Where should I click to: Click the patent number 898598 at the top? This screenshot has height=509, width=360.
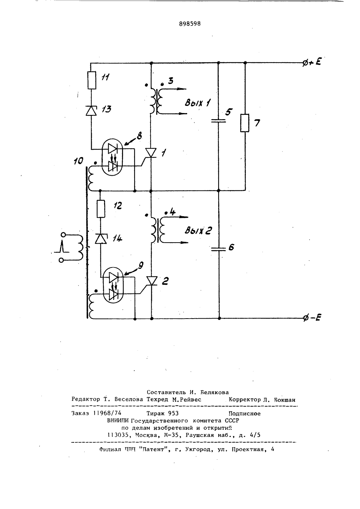click(x=190, y=24)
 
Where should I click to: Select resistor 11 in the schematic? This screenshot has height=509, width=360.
click(x=91, y=80)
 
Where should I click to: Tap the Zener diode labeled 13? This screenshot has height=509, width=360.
click(x=91, y=111)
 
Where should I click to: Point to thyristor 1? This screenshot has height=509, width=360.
click(x=150, y=153)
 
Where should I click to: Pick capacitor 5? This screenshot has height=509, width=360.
click(x=219, y=121)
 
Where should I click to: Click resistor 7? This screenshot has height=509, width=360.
click(x=245, y=123)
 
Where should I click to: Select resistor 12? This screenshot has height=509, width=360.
click(x=101, y=209)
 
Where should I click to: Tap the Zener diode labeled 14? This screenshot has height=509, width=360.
click(x=100, y=239)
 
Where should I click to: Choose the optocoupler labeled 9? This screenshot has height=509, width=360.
click(x=113, y=285)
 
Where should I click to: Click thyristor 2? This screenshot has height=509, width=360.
click(x=151, y=281)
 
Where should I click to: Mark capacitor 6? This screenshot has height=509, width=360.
click(x=219, y=249)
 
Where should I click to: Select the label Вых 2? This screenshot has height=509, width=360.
click(x=198, y=231)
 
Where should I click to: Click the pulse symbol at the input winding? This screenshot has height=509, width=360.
click(x=61, y=247)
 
